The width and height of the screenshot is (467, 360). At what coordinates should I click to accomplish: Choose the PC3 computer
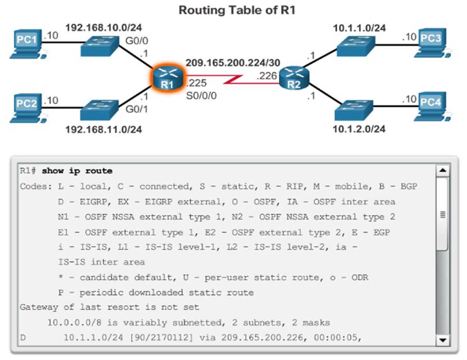432,43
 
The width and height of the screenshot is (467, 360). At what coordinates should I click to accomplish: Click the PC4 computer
432,106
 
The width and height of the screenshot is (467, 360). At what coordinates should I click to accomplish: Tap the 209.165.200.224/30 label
232,62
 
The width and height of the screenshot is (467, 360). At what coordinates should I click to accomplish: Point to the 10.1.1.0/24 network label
359,28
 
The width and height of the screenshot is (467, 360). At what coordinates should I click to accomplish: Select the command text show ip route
77,171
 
